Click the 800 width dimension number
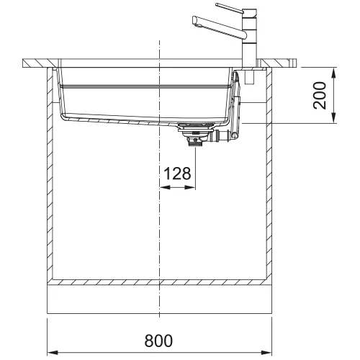pyautogui.click(x=158, y=341)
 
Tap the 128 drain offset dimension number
pyautogui.click(x=177, y=174)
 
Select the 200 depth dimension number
pyautogui.click(x=320, y=95)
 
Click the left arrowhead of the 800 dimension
pyautogui.click(x=53, y=353)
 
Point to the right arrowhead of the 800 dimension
pyautogui.click(x=266, y=353)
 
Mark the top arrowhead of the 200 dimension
pyautogui.click(x=333, y=73)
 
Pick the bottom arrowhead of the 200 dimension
pyautogui.click(x=333, y=118)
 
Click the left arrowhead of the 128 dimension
pyautogui.click(x=165, y=187)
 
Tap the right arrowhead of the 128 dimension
pyautogui.click(x=190, y=187)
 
